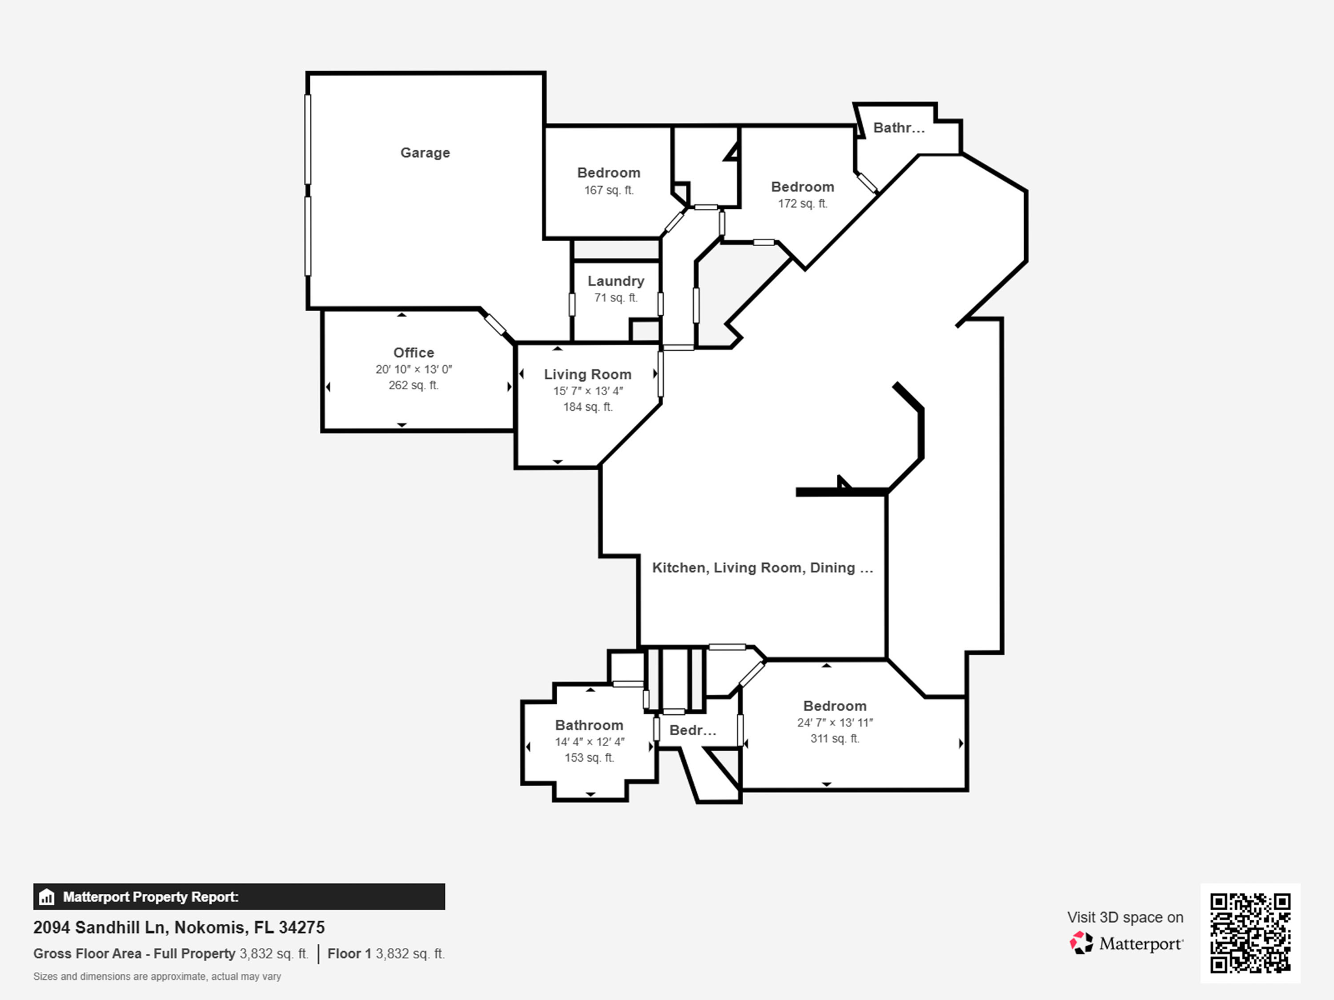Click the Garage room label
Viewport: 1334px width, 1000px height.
point(425,152)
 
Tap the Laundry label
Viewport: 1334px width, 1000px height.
point(616,281)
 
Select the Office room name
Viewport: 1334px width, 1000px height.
point(414,352)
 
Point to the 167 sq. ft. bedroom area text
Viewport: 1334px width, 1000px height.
point(608,190)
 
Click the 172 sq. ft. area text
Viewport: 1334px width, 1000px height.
point(802,203)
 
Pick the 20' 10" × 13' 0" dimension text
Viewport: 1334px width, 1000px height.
point(414,369)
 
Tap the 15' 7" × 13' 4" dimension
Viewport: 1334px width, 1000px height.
point(588,391)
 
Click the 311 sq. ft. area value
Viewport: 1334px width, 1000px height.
point(835,738)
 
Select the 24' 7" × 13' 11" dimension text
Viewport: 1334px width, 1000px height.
point(835,722)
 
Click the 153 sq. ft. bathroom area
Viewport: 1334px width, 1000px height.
point(589,757)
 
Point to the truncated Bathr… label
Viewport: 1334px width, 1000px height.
point(899,128)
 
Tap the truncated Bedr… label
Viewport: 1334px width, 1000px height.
point(693,730)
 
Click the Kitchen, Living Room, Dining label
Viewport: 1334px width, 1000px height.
point(763,568)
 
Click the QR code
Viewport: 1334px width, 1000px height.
point(1251,933)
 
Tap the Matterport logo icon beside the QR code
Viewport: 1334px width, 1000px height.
point(1081,943)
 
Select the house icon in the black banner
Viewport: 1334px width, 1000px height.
point(46,896)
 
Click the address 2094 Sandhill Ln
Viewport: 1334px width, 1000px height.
point(101,927)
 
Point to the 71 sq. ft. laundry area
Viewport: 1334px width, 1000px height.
point(616,298)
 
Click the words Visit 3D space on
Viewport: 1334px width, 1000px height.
point(1125,917)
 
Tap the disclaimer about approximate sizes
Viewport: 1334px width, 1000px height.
point(157,977)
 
